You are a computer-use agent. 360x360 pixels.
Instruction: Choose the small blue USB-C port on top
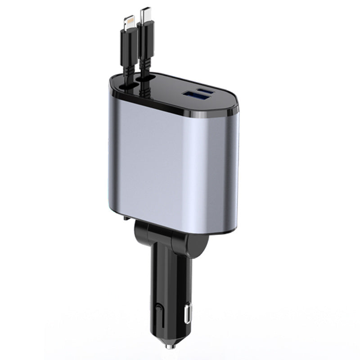click(x=208, y=91)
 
